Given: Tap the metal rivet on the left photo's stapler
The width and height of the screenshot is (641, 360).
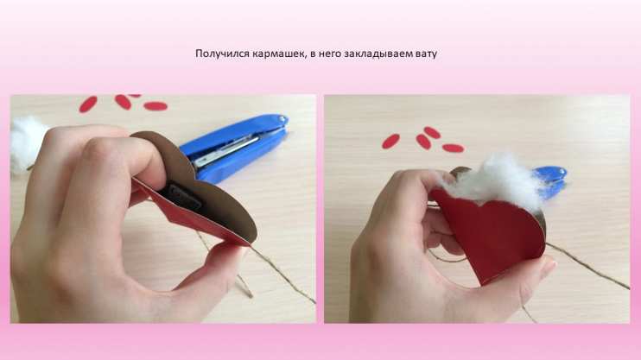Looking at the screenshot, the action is point(282,119).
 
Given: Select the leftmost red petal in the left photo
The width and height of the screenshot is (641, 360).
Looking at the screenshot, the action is point(88,104).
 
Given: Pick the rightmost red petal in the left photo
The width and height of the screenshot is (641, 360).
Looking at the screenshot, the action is point(155,106).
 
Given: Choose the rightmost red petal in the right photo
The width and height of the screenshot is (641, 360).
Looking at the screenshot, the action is point(453,148).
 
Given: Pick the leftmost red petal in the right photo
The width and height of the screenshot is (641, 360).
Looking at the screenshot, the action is point(390,141).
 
